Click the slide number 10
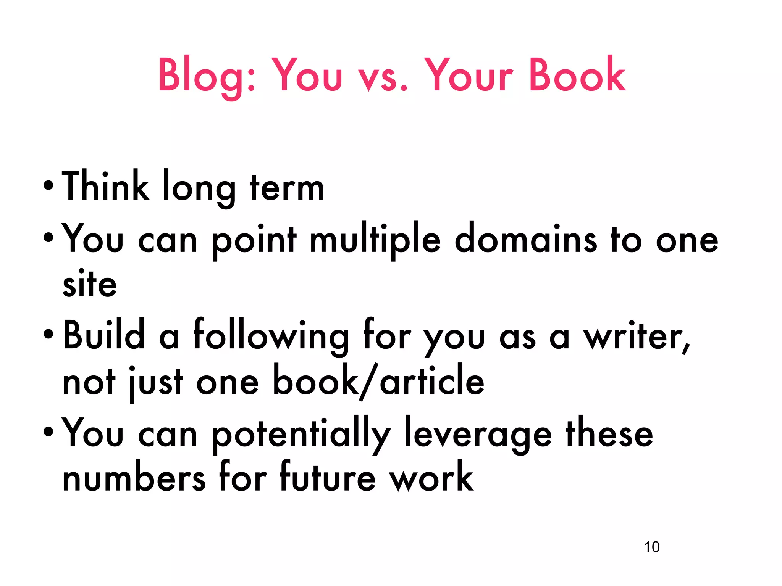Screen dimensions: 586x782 coord(651,547)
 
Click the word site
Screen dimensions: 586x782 coord(90,284)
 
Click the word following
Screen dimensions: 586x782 coord(271,336)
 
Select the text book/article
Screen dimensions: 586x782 coord(378,382)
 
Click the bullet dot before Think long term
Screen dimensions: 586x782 coord(48,187)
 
